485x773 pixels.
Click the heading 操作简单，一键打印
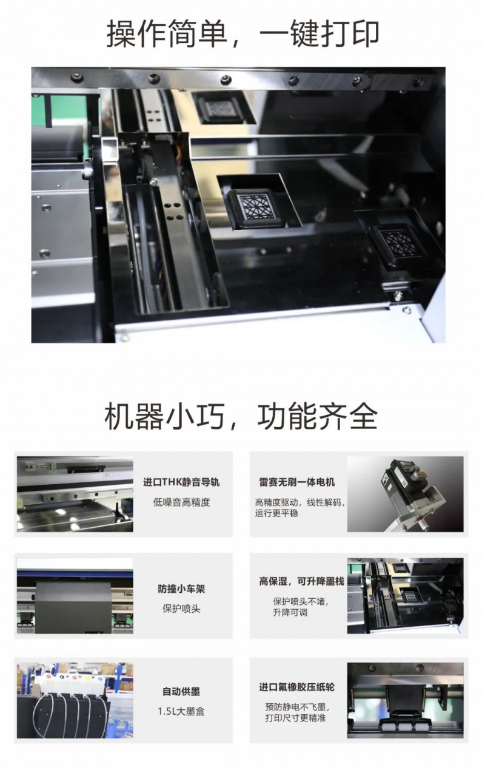click(242, 34)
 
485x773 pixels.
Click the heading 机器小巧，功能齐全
click(241, 416)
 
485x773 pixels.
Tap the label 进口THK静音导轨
click(181, 482)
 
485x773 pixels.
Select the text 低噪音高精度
click(182, 502)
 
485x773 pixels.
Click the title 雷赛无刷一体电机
click(297, 482)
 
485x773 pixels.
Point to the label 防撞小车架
click(181, 589)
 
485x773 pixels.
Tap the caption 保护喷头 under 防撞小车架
click(181, 609)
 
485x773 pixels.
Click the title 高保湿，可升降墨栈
click(302, 581)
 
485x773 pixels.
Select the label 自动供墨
click(181, 692)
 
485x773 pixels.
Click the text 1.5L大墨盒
click(181, 711)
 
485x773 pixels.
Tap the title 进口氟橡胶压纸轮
click(297, 687)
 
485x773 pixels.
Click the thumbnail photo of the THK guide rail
click(75, 494)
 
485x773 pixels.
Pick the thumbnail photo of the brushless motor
click(406, 494)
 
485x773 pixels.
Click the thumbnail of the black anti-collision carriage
click(75, 596)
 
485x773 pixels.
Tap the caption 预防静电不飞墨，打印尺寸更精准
click(297, 712)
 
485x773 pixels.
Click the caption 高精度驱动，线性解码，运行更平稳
click(299, 508)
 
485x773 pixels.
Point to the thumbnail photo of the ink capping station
click(406, 596)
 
